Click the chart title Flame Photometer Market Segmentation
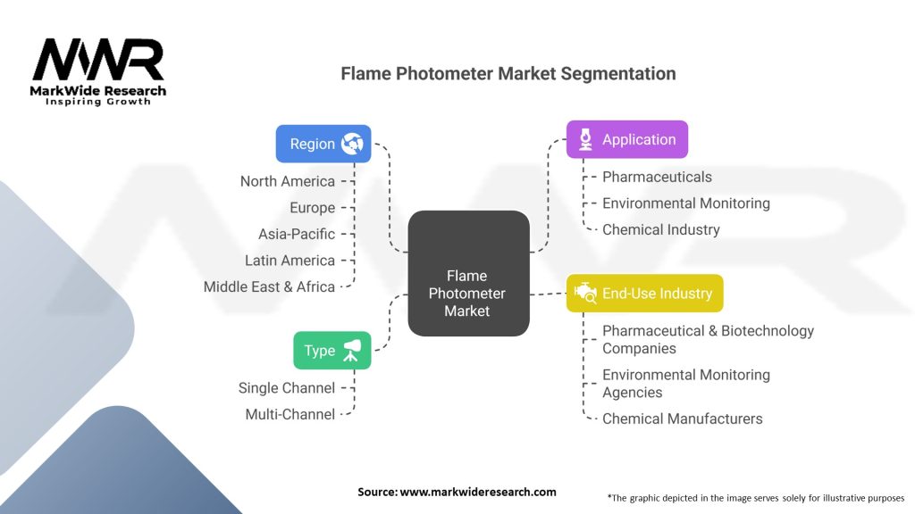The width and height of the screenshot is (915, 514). pyautogui.click(x=508, y=73)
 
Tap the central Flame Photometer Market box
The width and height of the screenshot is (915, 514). pyautogui.click(x=468, y=293)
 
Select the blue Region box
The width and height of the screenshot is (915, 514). pyautogui.click(x=323, y=144)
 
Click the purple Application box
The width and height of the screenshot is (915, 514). pyautogui.click(x=627, y=139)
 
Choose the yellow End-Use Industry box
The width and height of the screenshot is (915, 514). pyautogui.click(x=644, y=293)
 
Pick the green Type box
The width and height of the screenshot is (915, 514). pyautogui.click(x=332, y=351)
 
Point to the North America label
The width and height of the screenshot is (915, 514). pyautogui.click(x=287, y=181)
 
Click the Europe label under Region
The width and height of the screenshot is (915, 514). pyautogui.click(x=312, y=208)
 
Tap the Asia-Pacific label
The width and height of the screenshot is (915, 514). pyautogui.click(x=296, y=234)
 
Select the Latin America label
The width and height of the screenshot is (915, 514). pyautogui.click(x=290, y=261)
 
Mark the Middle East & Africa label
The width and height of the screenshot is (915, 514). pyautogui.click(x=269, y=286)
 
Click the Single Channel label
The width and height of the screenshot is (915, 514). pyautogui.click(x=286, y=388)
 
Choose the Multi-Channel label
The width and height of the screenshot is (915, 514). pyautogui.click(x=290, y=414)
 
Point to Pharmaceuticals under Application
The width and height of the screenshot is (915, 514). pyautogui.click(x=657, y=177)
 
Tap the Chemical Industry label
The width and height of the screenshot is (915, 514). pyautogui.click(x=660, y=229)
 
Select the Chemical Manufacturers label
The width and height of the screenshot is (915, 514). pyautogui.click(x=682, y=419)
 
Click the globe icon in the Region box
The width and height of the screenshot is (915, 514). pyautogui.click(x=352, y=144)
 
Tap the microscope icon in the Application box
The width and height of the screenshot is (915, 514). pyautogui.click(x=586, y=139)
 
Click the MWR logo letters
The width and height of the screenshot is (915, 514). pyautogui.click(x=98, y=61)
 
